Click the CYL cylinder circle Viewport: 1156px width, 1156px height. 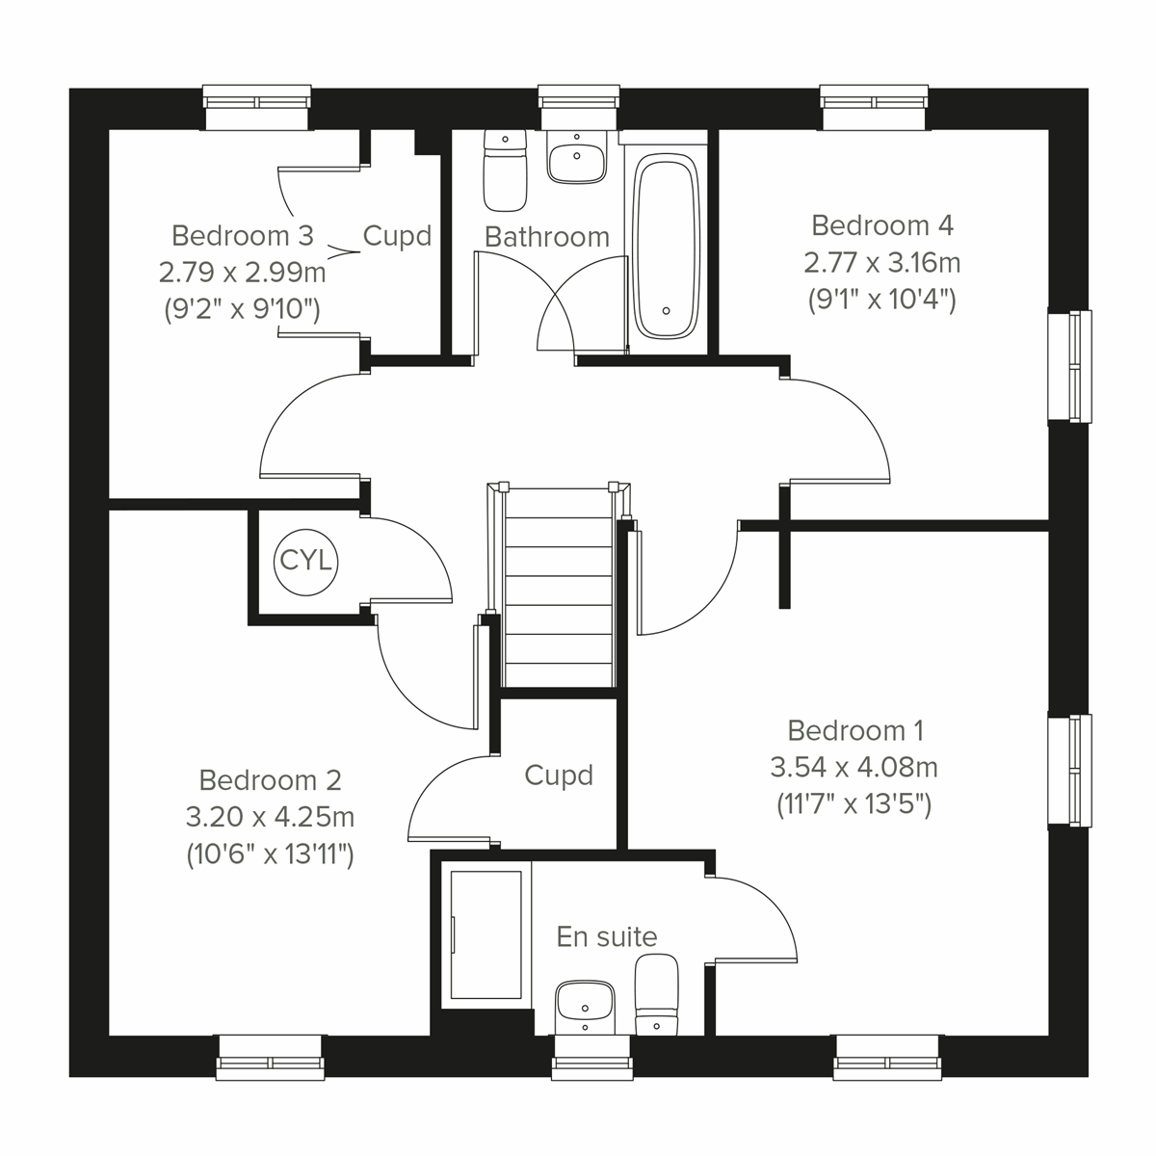(x=305, y=561)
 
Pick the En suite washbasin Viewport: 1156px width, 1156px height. (x=586, y=1005)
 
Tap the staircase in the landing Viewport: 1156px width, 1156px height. (x=559, y=588)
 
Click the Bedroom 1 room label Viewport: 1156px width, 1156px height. (x=855, y=730)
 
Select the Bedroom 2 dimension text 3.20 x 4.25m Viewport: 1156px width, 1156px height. (x=270, y=817)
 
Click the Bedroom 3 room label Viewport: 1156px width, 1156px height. (x=242, y=235)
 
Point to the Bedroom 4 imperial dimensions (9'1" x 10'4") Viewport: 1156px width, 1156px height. (x=881, y=300)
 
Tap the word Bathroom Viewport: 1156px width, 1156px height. (x=546, y=236)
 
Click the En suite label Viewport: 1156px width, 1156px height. (x=607, y=936)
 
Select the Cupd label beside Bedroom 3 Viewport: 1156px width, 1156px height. (x=396, y=236)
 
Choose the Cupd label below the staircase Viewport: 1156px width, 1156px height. (x=558, y=775)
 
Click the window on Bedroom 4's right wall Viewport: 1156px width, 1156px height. (x=1069, y=366)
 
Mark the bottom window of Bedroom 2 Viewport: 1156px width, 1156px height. (x=270, y=1057)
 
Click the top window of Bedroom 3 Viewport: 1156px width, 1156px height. (x=257, y=106)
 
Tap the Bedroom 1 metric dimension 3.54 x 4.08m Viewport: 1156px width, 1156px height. (x=854, y=768)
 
